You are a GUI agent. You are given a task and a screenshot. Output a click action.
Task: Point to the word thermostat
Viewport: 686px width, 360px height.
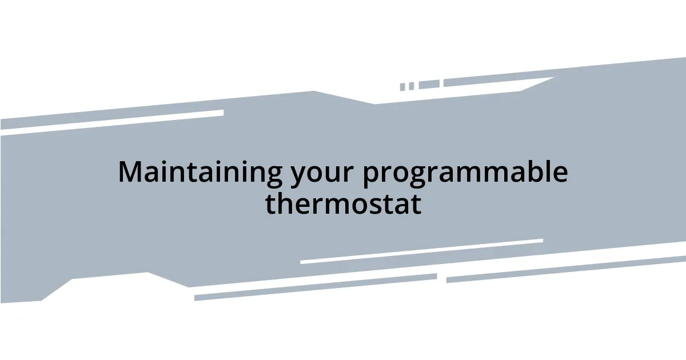tap(343, 203)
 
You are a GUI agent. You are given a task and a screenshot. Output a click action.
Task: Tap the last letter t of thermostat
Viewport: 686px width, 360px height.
tap(416, 204)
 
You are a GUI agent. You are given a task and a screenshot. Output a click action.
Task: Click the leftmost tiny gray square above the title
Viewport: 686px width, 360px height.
tap(402, 87)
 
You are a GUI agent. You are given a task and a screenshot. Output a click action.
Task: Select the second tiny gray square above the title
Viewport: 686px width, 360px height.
tap(411, 86)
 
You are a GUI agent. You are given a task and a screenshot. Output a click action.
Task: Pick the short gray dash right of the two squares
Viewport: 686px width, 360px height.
tap(429, 85)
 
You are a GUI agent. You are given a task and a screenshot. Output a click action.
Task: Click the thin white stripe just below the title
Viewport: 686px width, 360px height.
tap(421, 251)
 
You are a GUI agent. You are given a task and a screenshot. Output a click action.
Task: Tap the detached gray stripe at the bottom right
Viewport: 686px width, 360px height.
tap(566, 269)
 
